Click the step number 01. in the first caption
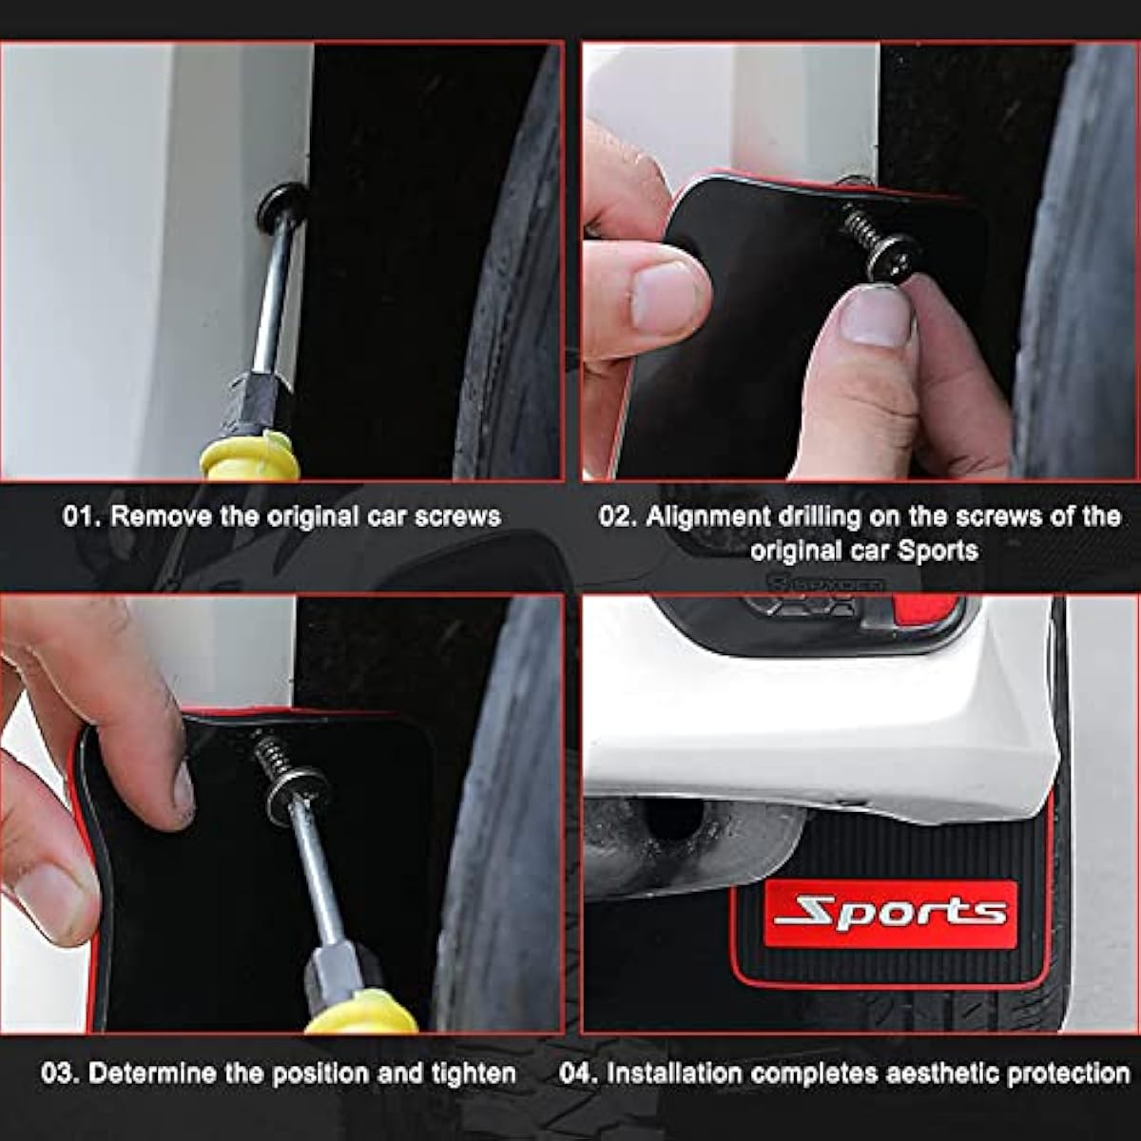click(83, 517)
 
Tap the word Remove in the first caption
click(161, 517)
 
